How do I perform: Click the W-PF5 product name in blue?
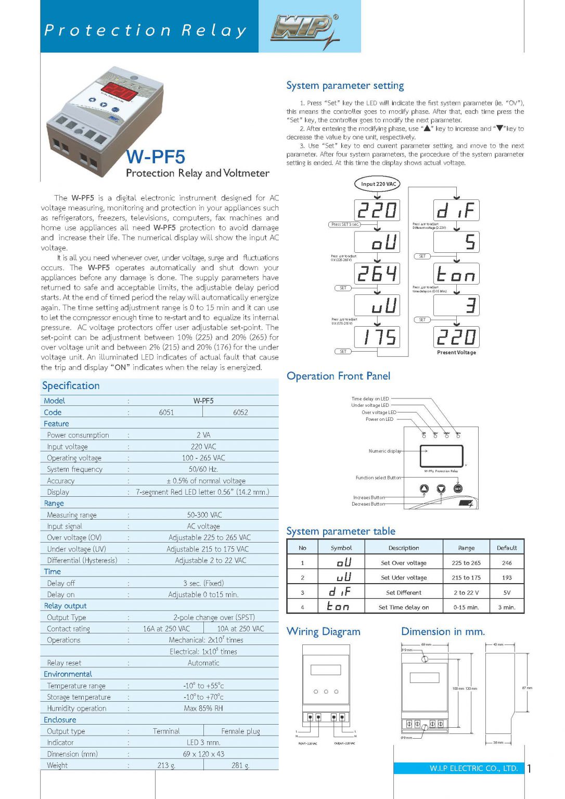click(x=156, y=157)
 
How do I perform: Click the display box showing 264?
click(x=377, y=274)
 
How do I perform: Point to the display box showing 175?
click(x=377, y=337)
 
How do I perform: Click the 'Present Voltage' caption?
click(x=456, y=353)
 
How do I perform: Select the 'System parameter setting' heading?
click(x=345, y=86)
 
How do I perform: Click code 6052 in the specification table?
click(x=240, y=413)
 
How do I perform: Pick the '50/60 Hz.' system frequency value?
click(x=203, y=469)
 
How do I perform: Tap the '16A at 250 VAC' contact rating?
click(x=166, y=629)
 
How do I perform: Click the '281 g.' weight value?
click(x=240, y=765)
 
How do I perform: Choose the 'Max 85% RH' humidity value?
click(x=203, y=708)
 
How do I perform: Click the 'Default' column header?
click(x=507, y=548)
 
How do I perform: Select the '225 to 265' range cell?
click(x=466, y=563)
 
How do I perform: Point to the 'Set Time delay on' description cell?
click(x=404, y=607)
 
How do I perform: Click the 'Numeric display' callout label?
click(x=385, y=451)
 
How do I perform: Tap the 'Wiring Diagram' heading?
click(x=324, y=632)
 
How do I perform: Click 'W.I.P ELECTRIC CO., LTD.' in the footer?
click(x=473, y=768)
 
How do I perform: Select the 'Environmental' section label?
click(x=68, y=674)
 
